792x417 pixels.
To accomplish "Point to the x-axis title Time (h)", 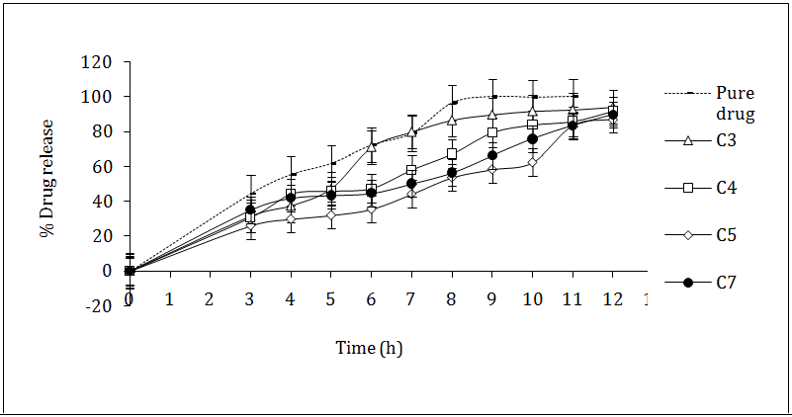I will [x=368, y=348].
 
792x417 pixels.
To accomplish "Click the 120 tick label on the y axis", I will [x=98, y=62].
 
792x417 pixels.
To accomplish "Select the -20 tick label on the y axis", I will [x=98, y=305].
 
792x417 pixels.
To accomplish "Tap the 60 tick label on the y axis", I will [x=102, y=166].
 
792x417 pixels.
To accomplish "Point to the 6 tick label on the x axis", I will [x=371, y=298].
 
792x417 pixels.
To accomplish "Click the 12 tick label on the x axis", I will [x=613, y=298].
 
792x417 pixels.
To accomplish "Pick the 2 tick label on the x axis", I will [x=210, y=298].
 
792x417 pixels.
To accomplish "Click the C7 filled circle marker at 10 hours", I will [x=532, y=139].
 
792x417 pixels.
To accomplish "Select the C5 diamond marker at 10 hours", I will [x=532, y=162].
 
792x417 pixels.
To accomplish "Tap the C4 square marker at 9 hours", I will [x=491, y=132].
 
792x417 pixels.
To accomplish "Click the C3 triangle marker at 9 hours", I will [x=491, y=115].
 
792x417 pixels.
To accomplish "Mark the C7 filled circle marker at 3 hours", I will [x=250, y=209].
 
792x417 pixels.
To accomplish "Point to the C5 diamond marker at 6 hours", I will [x=371, y=209].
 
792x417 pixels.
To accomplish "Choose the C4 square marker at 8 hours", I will [x=452, y=154].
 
